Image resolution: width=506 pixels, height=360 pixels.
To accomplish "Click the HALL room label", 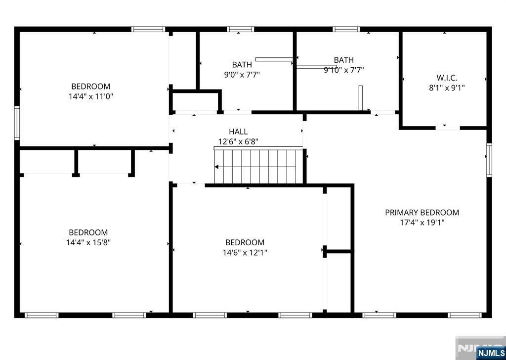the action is point(238,132).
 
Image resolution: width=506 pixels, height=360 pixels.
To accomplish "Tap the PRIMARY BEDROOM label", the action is point(422,213).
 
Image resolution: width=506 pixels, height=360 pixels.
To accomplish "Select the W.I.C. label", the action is point(447,78).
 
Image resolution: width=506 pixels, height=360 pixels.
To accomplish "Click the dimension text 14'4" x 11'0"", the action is point(91,96).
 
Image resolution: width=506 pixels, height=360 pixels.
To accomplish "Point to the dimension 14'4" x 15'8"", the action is point(88,242).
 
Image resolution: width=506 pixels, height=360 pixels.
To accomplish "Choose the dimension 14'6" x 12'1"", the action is point(245,252).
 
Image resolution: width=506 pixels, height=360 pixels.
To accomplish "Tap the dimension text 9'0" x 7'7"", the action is point(242,75).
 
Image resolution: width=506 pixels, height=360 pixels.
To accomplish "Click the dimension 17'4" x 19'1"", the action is point(422,223).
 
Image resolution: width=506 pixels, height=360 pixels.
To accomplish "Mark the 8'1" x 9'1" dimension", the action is point(447,88).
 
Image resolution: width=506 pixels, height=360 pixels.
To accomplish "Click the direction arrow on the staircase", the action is point(255,167).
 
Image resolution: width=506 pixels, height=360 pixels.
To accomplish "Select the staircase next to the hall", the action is point(258,165).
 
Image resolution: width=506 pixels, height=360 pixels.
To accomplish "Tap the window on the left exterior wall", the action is point(17,123).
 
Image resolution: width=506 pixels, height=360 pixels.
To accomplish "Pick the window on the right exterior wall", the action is point(489,160).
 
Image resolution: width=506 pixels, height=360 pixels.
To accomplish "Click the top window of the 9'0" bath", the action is point(241,29).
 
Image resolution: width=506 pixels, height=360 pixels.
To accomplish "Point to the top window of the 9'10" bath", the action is point(346,29).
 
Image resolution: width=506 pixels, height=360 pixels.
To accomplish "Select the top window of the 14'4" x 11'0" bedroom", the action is point(148,29).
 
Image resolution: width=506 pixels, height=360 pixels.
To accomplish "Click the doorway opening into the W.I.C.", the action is point(448,128).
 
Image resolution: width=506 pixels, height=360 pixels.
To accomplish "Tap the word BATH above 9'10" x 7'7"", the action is point(344,60).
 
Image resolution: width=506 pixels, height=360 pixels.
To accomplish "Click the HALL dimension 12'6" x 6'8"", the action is point(238,141).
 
